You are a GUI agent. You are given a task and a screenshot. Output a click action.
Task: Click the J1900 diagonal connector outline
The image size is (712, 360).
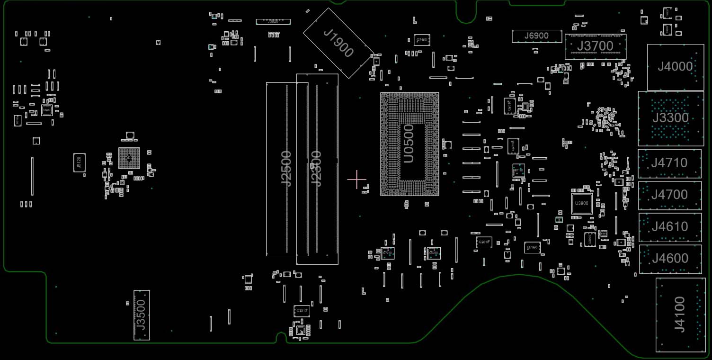(338, 43)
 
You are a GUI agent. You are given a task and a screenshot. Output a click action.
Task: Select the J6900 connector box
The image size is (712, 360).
(536, 36)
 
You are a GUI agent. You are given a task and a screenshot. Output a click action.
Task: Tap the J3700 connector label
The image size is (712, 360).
(595, 46)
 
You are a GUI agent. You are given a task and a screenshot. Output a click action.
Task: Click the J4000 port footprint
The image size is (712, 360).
(675, 67)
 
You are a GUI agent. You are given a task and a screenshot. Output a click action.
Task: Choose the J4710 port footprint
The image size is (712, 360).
(669, 163)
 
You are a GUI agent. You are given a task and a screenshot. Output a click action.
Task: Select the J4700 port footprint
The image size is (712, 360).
(669, 195)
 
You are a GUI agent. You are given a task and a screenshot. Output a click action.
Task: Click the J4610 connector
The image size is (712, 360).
(670, 227)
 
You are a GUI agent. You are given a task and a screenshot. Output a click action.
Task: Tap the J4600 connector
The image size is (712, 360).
(670, 259)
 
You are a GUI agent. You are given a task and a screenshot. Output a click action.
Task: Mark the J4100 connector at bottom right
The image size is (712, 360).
(679, 315)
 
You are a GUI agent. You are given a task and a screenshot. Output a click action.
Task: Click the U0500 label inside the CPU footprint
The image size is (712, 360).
(409, 144)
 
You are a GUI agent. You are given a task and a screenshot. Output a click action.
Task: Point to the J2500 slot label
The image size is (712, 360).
(286, 169)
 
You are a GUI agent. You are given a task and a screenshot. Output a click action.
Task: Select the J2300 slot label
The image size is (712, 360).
(316, 169)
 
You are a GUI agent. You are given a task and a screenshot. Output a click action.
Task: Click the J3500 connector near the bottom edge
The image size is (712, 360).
(141, 315)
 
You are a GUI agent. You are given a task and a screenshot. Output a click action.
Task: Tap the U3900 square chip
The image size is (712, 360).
(581, 203)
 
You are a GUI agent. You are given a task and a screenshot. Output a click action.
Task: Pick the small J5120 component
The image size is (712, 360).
(79, 162)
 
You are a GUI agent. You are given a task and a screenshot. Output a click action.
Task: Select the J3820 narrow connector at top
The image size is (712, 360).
(273, 22)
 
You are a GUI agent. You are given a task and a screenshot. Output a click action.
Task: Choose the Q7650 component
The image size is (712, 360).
(532, 247)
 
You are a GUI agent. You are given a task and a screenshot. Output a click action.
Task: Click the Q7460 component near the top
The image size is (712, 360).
(421, 40)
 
